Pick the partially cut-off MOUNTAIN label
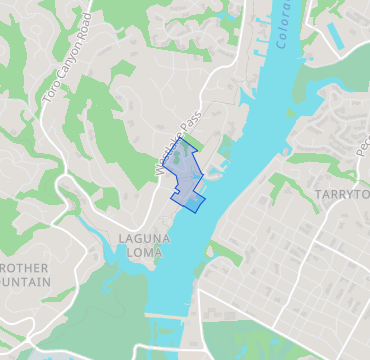pyautogui.click(x=25, y=282)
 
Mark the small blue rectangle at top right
pyautogui.click(x=334, y=37)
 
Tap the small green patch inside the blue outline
pyautogui.click(x=178, y=157)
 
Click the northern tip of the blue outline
pyautogui.click(x=181, y=139)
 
